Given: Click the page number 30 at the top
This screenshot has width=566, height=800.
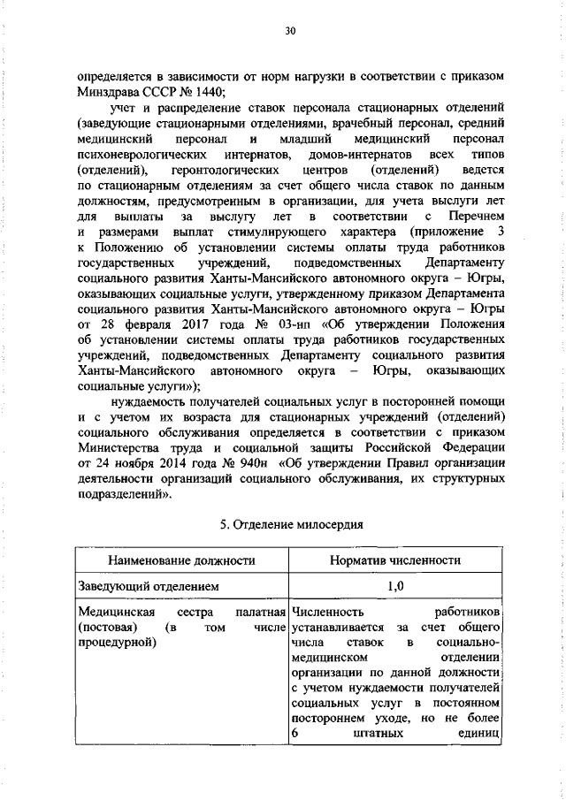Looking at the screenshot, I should click(x=289, y=32).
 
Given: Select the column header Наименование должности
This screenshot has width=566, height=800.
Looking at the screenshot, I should click(x=180, y=560).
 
